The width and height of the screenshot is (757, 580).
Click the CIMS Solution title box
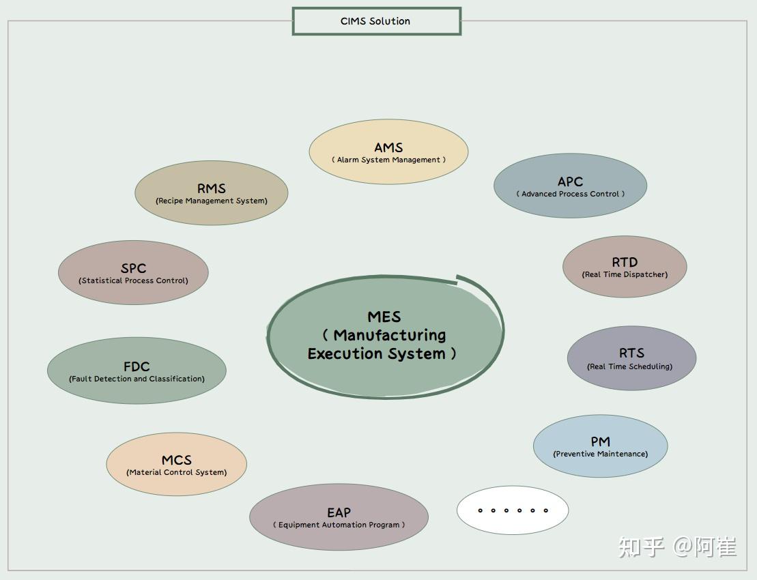(x=377, y=21)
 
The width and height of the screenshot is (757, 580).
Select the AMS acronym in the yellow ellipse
(x=388, y=147)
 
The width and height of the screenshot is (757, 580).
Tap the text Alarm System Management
(x=388, y=160)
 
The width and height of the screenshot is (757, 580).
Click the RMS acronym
(x=212, y=188)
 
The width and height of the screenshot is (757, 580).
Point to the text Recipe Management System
(x=212, y=201)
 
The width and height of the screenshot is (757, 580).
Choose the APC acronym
(x=570, y=182)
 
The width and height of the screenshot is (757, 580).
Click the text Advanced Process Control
(x=570, y=194)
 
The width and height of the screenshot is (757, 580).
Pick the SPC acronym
(x=133, y=268)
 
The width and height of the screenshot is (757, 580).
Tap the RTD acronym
(x=625, y=262)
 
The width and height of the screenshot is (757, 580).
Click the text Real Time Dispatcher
(x=625, y=274)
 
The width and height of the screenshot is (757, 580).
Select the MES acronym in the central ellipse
(x=384, y=317)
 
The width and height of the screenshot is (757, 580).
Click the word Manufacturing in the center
(x=390, y=335)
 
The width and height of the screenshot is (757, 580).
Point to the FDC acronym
(x=137, y=366)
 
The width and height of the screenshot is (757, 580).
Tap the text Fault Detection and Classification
(x=137, y=379)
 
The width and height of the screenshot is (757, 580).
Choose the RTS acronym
(x=631, y=353)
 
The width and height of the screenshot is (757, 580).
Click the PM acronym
(x=601, y=441)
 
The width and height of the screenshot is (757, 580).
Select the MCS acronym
(x=177, y=460)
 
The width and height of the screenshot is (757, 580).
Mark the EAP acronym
(x=339, y=512)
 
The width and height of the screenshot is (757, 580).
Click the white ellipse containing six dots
(x=513, y=510)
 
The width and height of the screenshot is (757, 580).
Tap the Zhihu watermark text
(x=677, y=547)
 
